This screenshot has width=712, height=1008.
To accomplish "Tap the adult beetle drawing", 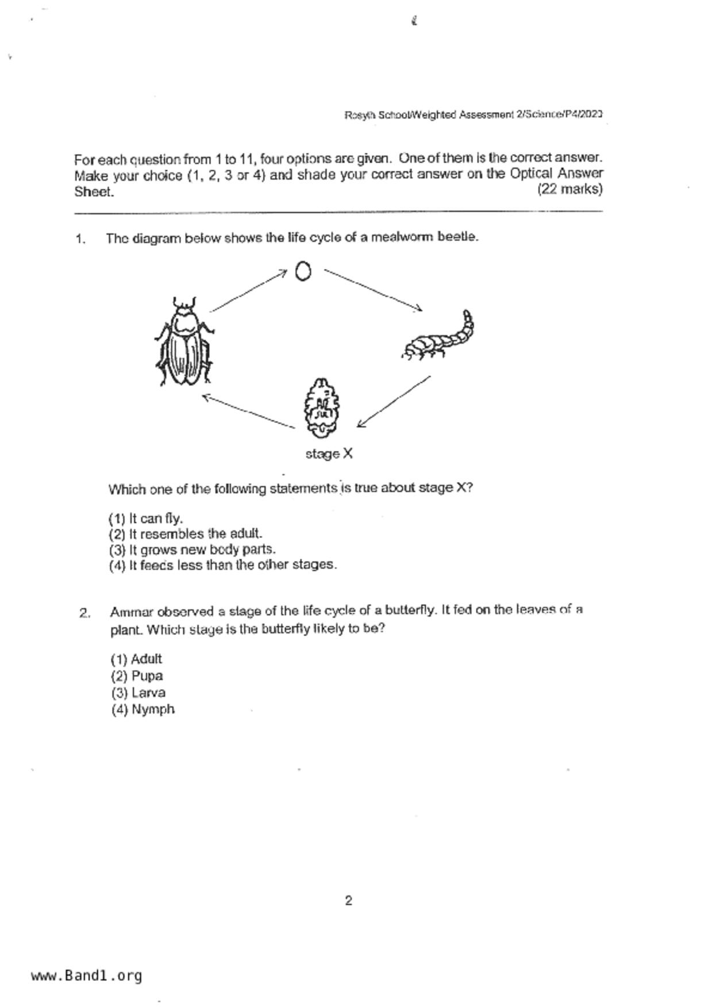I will (184, 341).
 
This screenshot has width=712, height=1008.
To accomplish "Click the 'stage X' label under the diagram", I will (329, 454).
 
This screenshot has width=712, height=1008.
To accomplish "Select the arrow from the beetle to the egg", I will (248, 291).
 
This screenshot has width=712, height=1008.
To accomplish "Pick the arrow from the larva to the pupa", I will (394, 402).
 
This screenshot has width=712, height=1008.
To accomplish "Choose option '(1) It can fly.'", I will (146, 518).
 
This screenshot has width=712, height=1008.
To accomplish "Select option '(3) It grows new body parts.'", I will (192, 549).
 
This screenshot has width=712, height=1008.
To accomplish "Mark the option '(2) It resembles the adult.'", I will (185, 534).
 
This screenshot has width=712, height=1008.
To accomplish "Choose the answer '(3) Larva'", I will (138, 693).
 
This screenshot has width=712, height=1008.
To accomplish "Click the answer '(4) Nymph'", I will (143, 710).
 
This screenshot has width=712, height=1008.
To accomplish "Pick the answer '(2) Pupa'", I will (137, 676).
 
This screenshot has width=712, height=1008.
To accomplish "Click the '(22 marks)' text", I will (569, 189).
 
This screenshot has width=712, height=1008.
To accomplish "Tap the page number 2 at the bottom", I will (348, 901).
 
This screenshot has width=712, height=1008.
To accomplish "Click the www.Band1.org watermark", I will (87, 976).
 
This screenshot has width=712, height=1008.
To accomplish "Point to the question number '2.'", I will (84, 613).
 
